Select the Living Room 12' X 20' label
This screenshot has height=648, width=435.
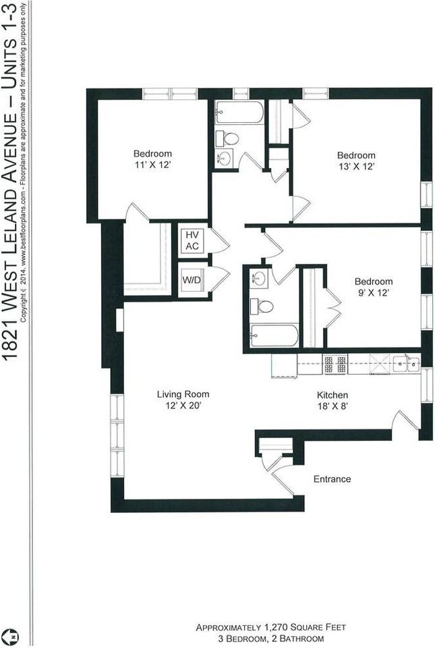183,400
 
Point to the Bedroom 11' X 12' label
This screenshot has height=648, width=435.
152,159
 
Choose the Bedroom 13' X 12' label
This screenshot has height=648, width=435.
356,160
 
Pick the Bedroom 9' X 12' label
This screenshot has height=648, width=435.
374,287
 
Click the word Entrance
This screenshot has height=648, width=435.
332,479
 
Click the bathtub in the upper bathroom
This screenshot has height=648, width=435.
240,113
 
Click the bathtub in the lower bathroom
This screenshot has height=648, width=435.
273,335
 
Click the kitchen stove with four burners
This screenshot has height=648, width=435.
335,365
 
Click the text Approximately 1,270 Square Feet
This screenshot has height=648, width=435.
270,627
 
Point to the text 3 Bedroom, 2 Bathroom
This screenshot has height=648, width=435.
270,638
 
